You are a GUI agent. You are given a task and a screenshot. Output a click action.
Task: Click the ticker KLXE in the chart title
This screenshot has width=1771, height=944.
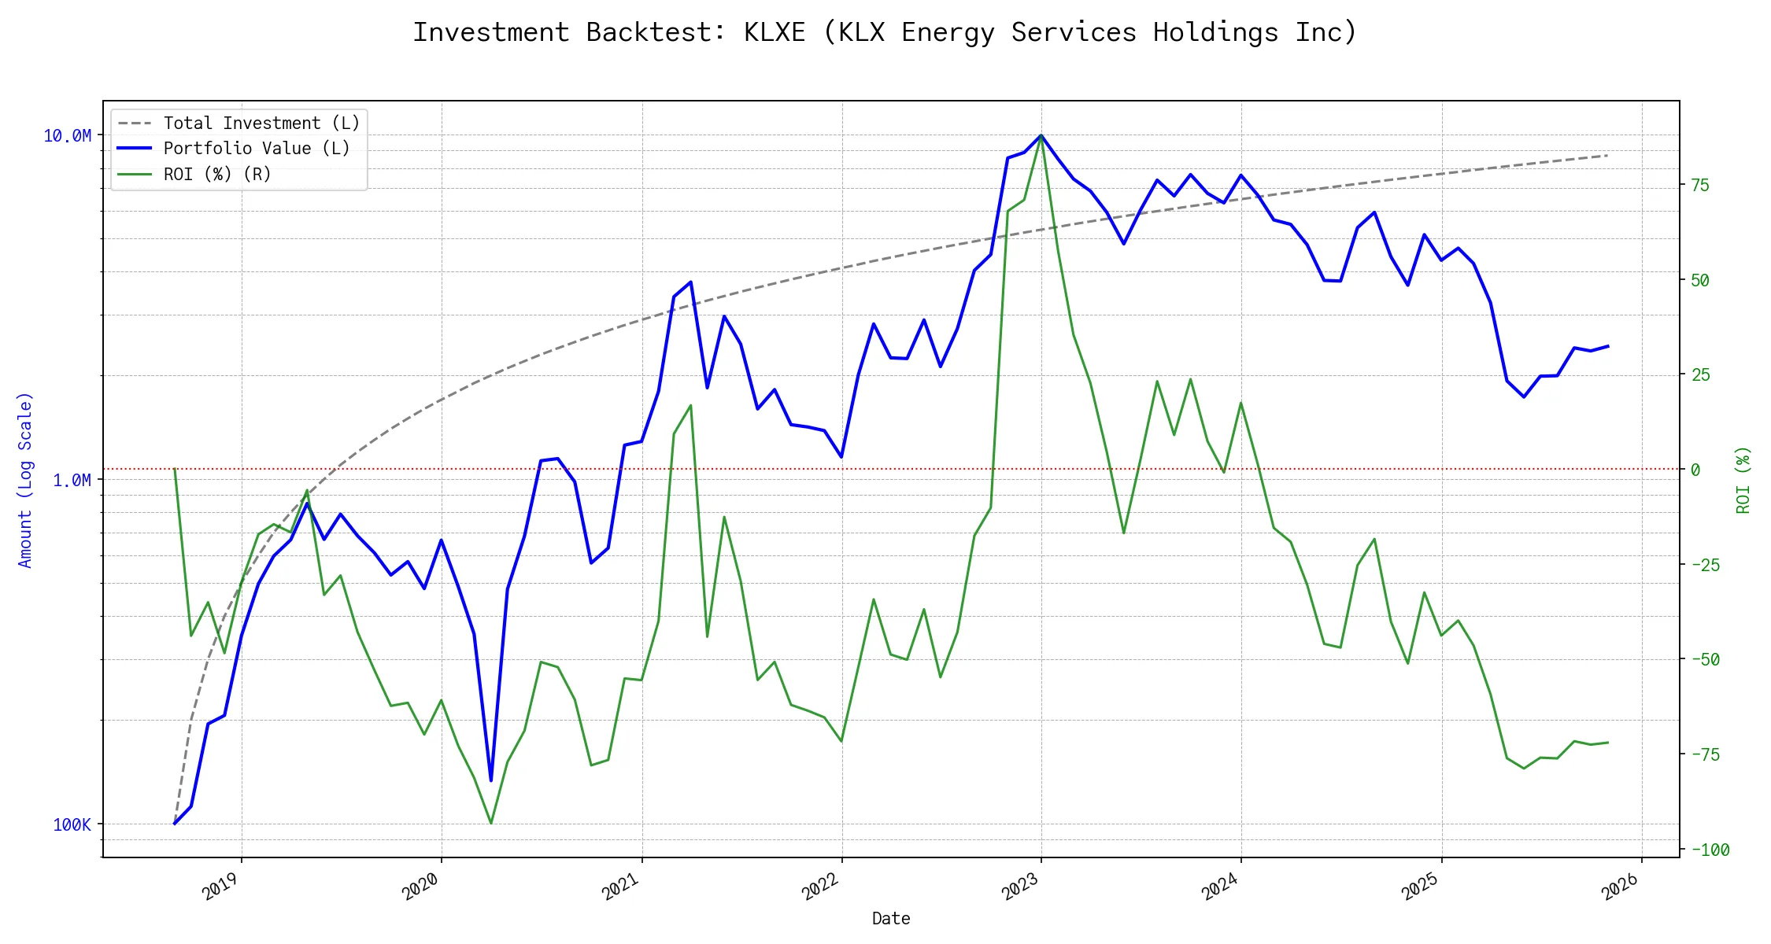775,32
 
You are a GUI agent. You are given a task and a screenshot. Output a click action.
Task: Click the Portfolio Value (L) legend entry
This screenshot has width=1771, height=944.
257,149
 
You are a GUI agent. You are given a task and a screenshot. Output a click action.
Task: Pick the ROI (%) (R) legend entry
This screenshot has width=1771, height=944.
217,175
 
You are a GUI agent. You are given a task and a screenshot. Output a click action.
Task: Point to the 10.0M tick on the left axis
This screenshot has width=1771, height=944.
68,136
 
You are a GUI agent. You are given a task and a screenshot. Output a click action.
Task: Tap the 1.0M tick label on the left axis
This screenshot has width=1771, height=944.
72,481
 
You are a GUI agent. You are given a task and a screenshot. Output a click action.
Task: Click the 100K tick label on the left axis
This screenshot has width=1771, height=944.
72,824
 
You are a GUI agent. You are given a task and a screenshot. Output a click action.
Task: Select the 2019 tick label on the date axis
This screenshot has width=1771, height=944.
220,887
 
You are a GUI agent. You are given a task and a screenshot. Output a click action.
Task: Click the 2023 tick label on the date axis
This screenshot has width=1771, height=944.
1020,887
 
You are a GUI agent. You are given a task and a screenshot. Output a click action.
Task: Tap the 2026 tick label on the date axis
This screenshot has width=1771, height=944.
1620,887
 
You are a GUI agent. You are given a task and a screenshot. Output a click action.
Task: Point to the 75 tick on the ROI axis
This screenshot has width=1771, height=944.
1700,186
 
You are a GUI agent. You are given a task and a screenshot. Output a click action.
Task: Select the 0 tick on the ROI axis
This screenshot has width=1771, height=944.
1695,470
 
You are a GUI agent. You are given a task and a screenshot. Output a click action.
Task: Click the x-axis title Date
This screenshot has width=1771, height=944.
891,919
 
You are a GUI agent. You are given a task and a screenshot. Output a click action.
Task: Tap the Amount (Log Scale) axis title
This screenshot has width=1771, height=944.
25,480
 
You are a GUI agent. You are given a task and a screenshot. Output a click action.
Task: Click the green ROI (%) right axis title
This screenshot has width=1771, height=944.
1743,480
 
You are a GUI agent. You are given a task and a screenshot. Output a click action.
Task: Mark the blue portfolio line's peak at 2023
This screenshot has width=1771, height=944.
1041,135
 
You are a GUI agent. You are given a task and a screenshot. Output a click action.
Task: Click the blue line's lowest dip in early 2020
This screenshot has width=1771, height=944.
491,780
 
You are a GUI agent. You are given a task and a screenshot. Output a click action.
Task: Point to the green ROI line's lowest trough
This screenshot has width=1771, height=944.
491,824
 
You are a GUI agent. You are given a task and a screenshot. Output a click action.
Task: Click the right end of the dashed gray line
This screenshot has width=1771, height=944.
1607,156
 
